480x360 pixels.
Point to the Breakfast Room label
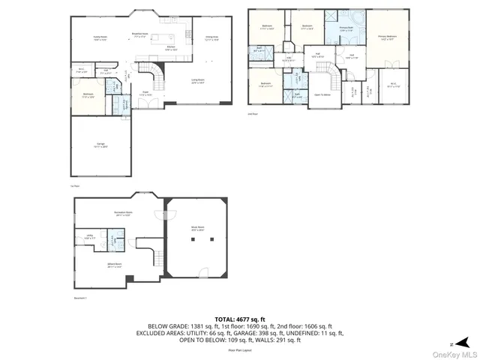click(x=138, y=33)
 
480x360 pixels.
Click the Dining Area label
click(x=211, y=37)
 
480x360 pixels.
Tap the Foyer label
click(x=145, y=94)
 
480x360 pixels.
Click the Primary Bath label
click(x=346, y=28)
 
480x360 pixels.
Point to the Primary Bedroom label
click(x=387, y=37)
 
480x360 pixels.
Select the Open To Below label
click(x=323, y=94)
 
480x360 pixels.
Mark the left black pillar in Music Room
click(x=192, y=241)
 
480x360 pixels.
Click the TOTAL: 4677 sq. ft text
click(x=239, y=319)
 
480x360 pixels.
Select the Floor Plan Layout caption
click(x=240, y=349)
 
